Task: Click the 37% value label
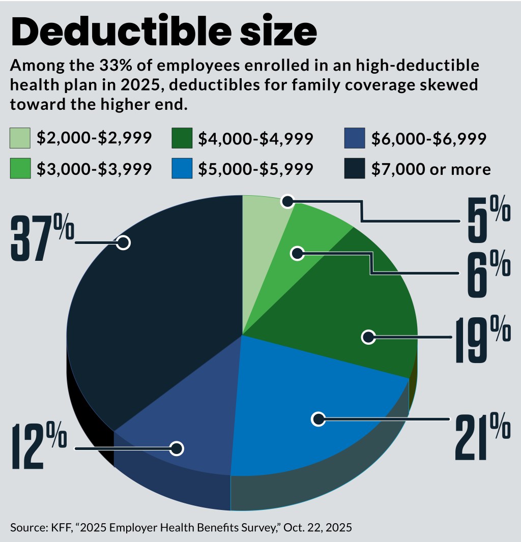pyautogui.click(x=42, y=237)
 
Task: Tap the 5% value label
pyautogui.click(x=488, y=220)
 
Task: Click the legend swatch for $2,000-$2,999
pyautogui.click(x=19, y=138)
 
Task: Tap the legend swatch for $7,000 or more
pyautogui.click(x=354, y=168)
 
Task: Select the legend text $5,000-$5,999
pyautogui.click(x=255, y=168)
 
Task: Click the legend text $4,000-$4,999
pyautogui.click(x=255, y=138)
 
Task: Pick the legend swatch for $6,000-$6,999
pyautogui.click(x=354, y=138)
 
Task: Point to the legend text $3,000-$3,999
pyautogui.click(x=94, y=168)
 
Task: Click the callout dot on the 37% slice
pyautogui.click(x=123, y=243)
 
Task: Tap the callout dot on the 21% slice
pyautogui.click(x=319, y=419)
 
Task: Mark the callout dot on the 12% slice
pyautogui.click(x=177, y=448)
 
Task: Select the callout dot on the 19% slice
pyautogui.click(x=368, y=337)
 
